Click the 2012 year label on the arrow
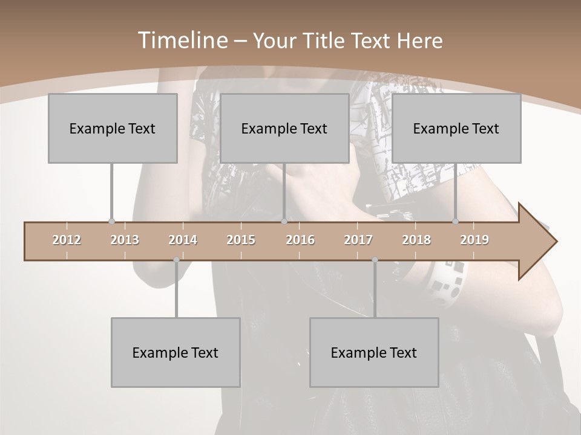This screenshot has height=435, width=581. pos(67,240)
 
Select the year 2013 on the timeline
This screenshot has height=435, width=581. pos(125,240)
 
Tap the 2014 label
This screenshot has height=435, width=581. pos(183,240)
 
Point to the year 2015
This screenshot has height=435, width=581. pos(241,240)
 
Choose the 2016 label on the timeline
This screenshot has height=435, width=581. pos(300,240)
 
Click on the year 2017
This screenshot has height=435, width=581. pos(358,240)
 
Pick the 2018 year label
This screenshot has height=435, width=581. pos(416,240)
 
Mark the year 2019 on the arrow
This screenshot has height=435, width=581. pos(474,240)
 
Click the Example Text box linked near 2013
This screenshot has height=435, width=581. pos(113,128)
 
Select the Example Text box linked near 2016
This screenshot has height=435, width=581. pos(284,128)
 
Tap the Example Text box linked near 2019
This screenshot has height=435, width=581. pos(456,128)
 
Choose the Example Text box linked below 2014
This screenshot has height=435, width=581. pos(176,352)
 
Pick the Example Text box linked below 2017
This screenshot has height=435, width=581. pos(374,352)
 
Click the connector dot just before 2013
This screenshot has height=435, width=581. pos(111,222)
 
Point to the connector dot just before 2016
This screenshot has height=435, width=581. pos(284,222)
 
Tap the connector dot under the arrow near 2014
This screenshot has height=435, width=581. pos(176,260)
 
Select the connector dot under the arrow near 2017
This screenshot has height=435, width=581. pos(375,260)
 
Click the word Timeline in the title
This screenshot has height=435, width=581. pos(182,40)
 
